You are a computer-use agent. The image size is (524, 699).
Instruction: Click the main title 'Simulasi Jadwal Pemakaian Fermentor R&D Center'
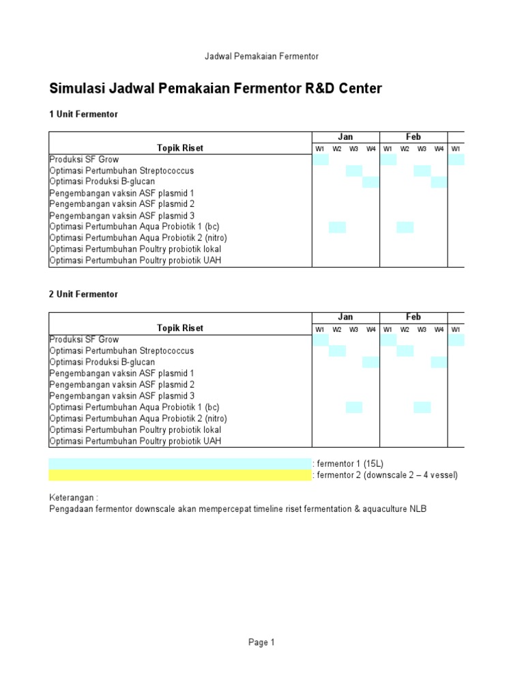(x=216, y=89)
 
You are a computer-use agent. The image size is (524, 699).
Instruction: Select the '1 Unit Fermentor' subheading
(x=83, y=115)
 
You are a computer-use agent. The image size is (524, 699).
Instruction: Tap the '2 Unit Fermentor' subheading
(x=83, y=294)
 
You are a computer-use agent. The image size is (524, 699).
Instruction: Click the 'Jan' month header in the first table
(x=346, y=137)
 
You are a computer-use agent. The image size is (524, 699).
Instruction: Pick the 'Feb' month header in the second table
(x=413, y=317)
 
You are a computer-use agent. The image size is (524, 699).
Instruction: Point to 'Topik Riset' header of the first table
(x=180, y=148)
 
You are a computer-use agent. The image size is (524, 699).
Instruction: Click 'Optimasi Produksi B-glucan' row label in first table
(x=102, y=182)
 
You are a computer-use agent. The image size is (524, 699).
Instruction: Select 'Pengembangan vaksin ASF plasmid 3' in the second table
(x=121, y=396)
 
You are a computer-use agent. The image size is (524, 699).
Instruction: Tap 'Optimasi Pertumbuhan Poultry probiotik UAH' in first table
(x=135, y=260)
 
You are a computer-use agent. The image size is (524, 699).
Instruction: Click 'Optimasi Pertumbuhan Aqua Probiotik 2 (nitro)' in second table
(x=138, y=418)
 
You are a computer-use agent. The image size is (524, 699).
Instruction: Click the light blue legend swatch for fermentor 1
(x=179, y=463)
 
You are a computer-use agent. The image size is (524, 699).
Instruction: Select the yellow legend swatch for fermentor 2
(x=179, y=475)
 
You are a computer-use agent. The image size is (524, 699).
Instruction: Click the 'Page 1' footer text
(x=261, y=642)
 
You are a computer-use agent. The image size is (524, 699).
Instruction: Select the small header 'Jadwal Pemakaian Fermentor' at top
(x=262, y=56)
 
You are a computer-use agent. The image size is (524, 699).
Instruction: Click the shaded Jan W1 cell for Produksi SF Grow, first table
(x=320, y=160)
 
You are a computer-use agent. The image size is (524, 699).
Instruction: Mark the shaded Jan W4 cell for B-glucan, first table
(x=370, y=182)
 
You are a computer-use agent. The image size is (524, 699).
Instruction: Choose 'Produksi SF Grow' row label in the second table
(x=84, y=339)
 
